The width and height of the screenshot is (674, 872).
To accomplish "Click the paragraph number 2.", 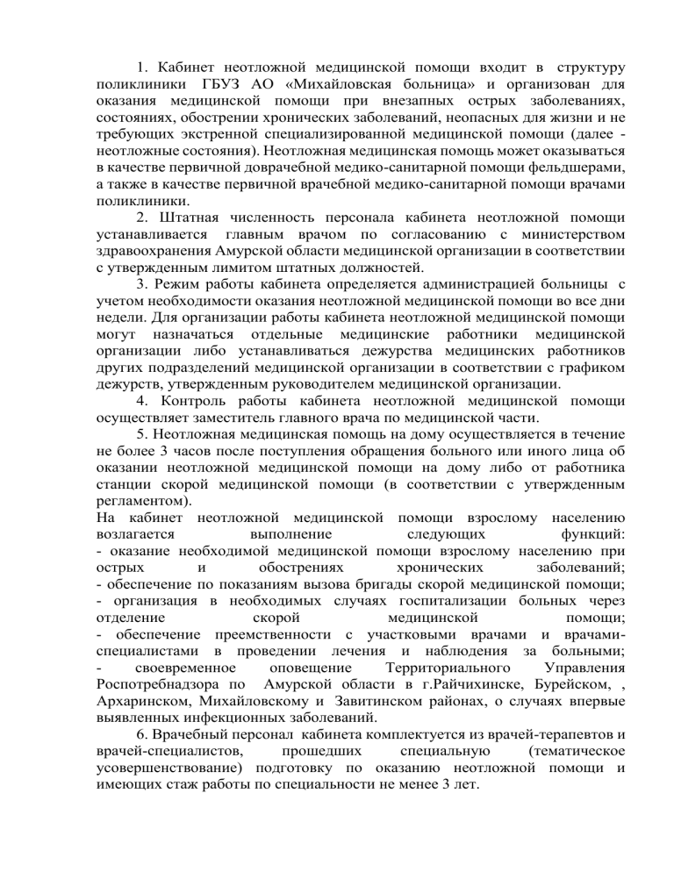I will [x=141, y=216].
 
